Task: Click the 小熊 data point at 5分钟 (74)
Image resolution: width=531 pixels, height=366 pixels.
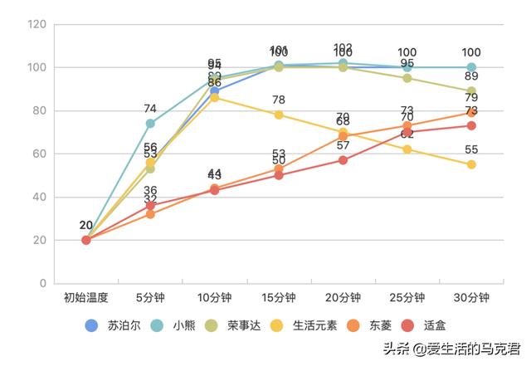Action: (150, 124)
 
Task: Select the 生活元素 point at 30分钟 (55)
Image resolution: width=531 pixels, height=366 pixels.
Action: (471, 164)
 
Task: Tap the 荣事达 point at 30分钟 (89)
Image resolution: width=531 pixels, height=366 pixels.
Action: (471, 91)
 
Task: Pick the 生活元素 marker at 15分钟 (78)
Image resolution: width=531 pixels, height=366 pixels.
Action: (279, 115)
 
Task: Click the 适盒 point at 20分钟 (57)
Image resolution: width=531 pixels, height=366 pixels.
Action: (343, 160)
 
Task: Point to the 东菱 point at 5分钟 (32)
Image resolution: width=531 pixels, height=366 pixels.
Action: (150, 214)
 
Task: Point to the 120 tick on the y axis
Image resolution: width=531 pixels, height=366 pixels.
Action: (37, 24)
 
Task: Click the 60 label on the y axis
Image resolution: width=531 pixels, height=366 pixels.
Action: (39, 154)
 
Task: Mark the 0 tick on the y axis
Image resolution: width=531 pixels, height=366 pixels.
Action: (42, 284)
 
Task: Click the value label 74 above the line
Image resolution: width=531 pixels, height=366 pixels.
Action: (150, 109)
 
